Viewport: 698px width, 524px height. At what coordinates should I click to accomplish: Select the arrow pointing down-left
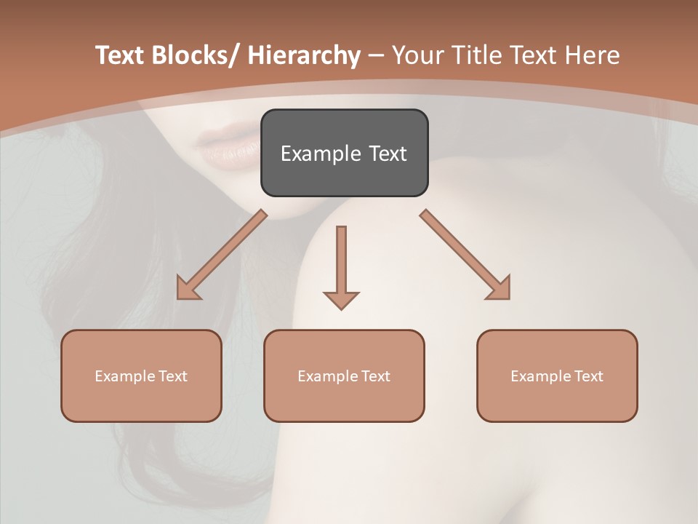tap(222, 255)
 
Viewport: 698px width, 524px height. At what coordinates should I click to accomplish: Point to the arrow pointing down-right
tap(465, 255)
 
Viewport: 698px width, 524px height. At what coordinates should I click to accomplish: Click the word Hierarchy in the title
tap(304, 55)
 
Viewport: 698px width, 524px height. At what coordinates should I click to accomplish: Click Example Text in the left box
tap(141, 376)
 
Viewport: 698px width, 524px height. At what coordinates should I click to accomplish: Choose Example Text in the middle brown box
tap(344, 376)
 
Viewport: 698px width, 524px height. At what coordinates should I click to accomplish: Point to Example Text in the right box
tap(557, 376)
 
